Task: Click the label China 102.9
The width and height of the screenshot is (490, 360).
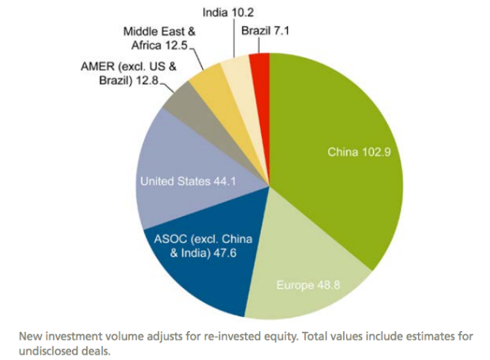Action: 359,152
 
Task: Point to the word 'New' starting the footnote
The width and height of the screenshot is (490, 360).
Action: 37,336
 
